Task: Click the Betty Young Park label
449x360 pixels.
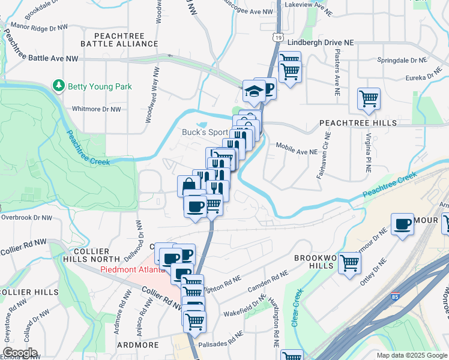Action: pyautogui.click(x=100, y=86)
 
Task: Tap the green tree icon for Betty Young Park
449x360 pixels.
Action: pyautogui.click(x=59, y=86)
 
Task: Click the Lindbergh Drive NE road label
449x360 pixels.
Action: pyautogui.click(x=321, y=43)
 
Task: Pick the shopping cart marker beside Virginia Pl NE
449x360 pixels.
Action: pyautogui.click(x=369, y=98)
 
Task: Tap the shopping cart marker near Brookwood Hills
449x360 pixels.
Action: pyautogui.click(x=349, y=263)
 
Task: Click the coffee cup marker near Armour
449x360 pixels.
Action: pyautogui.click(x=402, y=224)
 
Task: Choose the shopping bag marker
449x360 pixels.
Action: pyautogui.click(x=188, y=185)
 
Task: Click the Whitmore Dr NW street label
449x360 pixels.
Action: pyautogui.click(x=96, y=109)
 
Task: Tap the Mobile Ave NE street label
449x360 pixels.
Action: pyautogui.click(x=296, y=151)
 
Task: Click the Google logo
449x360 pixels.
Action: pyautogui.click(x=19, y=353)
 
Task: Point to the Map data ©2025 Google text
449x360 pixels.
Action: pyautogui.click(x=411, y=355)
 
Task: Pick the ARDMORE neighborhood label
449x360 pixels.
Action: pyautogui.click(x=138, y=345)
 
